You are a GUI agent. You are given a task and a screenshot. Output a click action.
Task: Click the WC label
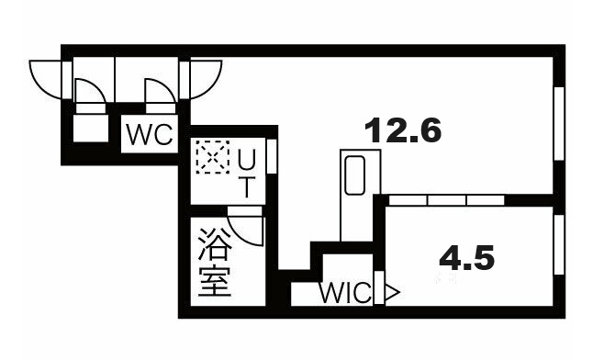click(x=150, y=136)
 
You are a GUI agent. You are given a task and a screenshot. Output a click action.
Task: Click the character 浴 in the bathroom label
click(x=213, y=247)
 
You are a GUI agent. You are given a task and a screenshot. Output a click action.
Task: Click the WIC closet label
click(x=345, y=294)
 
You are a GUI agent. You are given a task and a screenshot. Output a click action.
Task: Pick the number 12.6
click(x=403, y=131)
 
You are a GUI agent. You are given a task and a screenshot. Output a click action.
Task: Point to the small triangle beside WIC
click(x=391, y=294)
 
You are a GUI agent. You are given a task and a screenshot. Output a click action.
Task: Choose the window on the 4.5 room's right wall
click(x=557, y=247)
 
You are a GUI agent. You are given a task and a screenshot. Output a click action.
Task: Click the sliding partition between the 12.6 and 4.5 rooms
click(x=446, y=199)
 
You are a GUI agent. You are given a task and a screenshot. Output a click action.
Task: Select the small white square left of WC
click(x=90, y=128)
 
